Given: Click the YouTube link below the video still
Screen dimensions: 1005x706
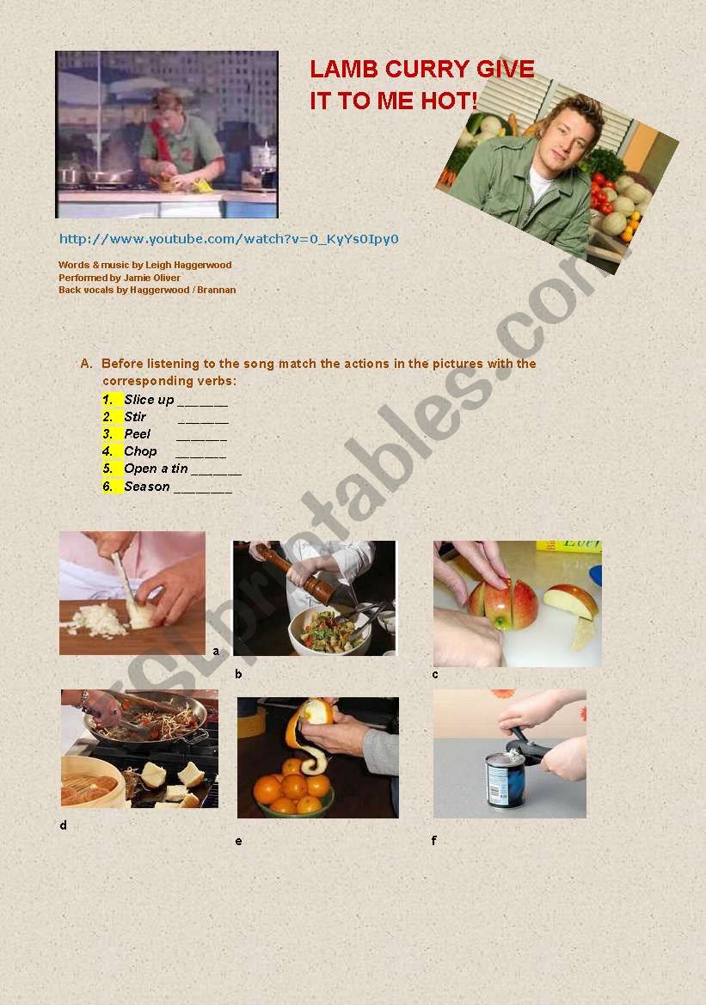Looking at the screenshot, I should click(229, 239).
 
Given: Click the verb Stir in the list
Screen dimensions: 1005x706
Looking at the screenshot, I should click(135, 417).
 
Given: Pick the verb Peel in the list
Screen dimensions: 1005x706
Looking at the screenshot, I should click(138, 434).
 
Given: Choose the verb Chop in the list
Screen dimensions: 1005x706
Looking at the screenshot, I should click(140, 451).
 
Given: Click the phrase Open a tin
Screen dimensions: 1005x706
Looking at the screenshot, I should click(156, 469).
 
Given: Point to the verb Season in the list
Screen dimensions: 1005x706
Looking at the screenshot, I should click(147, 487).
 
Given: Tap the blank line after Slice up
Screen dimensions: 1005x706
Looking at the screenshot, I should click(203, 401).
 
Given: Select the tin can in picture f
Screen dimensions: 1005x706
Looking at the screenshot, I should click(506, 777).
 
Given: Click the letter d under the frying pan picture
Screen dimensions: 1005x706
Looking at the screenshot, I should click(63, 826).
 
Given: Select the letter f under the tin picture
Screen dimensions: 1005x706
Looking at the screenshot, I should click(434, 841).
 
